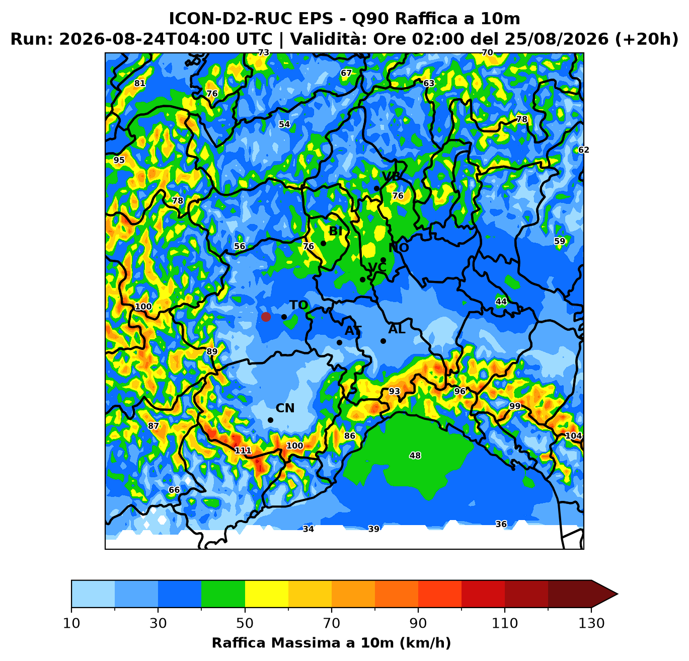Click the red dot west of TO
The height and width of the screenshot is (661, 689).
tap(266, 317)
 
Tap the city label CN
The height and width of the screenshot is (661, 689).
tap(285, 408)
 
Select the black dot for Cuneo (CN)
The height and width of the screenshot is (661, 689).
tap(270, 420)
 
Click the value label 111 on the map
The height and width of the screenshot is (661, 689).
tap(243, 451)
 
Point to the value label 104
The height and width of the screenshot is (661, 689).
tap(573, 435)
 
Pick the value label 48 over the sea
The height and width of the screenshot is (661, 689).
tap(415, 456)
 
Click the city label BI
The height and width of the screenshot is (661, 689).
tap(336, 231)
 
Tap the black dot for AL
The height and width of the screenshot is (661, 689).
tap(383, 341)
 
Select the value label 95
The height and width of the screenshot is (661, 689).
tap(119, 160)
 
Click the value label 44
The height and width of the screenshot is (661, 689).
tap(501, 302)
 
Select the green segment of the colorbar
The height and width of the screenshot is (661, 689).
tap(223, 594)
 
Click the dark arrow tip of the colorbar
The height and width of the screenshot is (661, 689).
tap(618, 594)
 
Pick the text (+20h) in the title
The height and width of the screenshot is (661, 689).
tap(646, 39)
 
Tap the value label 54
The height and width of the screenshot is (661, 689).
tap(284, 124)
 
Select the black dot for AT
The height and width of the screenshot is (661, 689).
tap(339, 342)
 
